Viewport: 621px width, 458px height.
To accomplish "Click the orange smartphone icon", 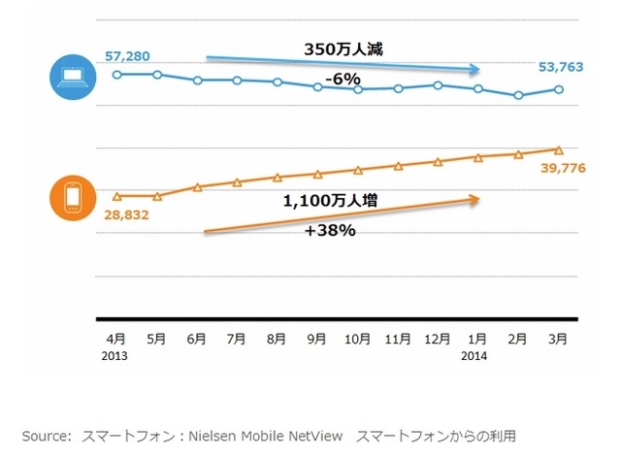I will [72, 200].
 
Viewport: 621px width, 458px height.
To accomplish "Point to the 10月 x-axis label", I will [358, 340].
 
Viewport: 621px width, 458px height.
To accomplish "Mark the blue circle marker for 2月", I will [518, 95].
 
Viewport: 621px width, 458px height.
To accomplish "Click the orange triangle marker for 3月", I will [558, 149].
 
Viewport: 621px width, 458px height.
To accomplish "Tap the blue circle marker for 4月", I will [116, 74].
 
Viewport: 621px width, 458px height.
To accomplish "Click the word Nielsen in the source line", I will [217, 435].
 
